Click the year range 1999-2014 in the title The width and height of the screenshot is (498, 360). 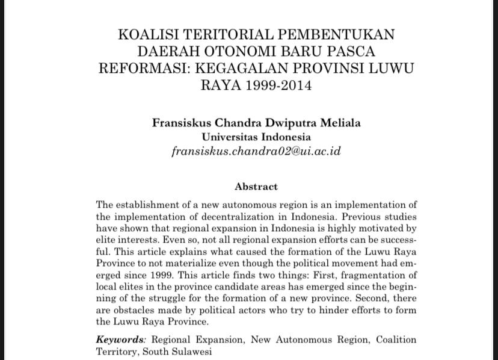(x=279, y=85)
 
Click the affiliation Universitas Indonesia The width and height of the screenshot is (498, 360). (x=256, y=137)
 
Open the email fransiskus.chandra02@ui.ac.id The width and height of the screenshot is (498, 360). (x=256, y=151)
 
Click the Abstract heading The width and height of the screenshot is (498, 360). (x=256, y=187)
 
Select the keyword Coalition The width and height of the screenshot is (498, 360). (x=396, y=340)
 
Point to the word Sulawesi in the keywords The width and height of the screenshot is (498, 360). (x=191, y=352)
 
